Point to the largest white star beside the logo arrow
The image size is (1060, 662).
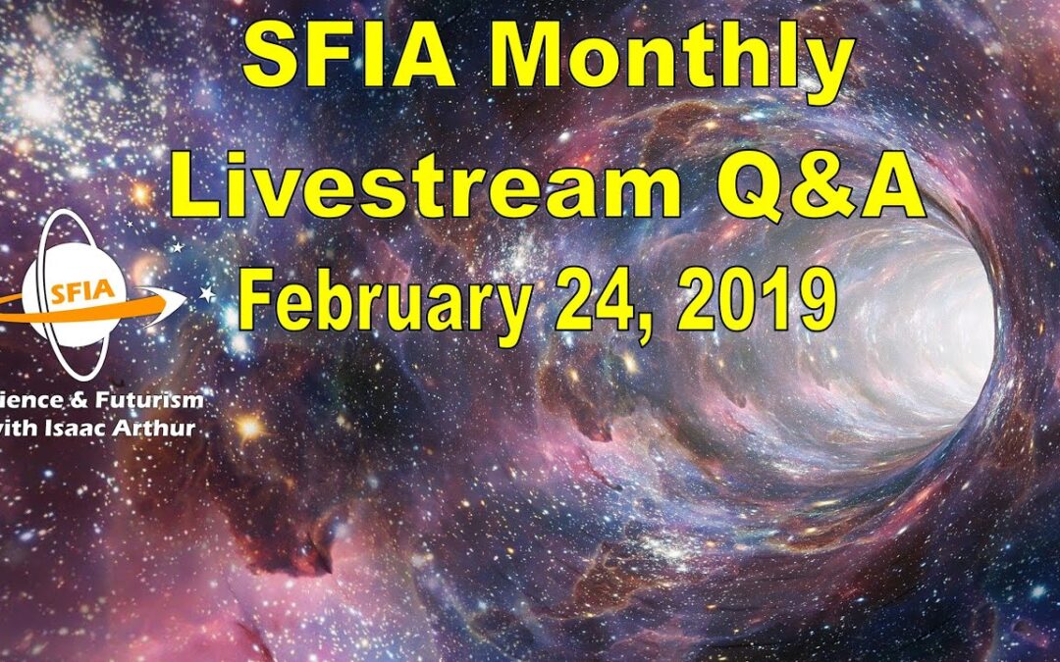(207, 293)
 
